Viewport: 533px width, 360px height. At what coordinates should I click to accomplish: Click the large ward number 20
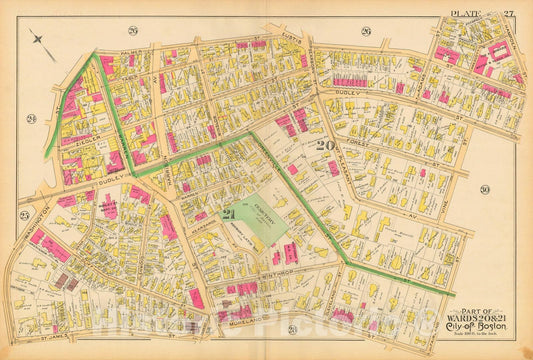[x=323, y=144]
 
